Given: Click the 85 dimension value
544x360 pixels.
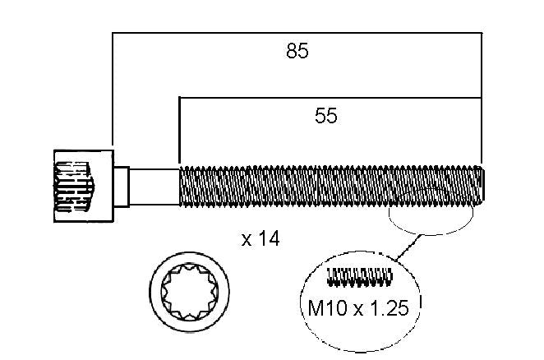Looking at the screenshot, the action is [x=297, y=51].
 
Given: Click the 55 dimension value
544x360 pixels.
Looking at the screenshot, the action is [x=325, y=116].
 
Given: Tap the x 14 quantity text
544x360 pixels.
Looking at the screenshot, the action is [x=260, y=239].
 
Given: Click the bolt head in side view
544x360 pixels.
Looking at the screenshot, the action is [x=84, y=186].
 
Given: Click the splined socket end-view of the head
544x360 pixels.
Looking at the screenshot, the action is [x=190, y=292].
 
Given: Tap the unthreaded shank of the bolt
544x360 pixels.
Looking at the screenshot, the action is [x=154, y=187].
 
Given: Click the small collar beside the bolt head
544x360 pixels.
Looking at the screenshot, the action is [x=122, y=187].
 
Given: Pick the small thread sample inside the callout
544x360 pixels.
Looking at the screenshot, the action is [x=360, y=277].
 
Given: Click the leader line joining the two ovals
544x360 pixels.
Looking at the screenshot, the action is [x=409, y=247].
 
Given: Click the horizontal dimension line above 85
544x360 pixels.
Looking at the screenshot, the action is [x=297, y=33].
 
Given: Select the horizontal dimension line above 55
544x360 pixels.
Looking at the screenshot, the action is [x=330, y=98].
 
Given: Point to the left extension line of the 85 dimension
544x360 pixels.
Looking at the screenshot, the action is [x=113, y=89].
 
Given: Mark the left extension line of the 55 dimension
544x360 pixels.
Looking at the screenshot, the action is [x=179, y=130].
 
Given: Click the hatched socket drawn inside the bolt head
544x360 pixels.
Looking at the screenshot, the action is [x=74, y=187].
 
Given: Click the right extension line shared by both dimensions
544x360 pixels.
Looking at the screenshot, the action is [x=482, y=98].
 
